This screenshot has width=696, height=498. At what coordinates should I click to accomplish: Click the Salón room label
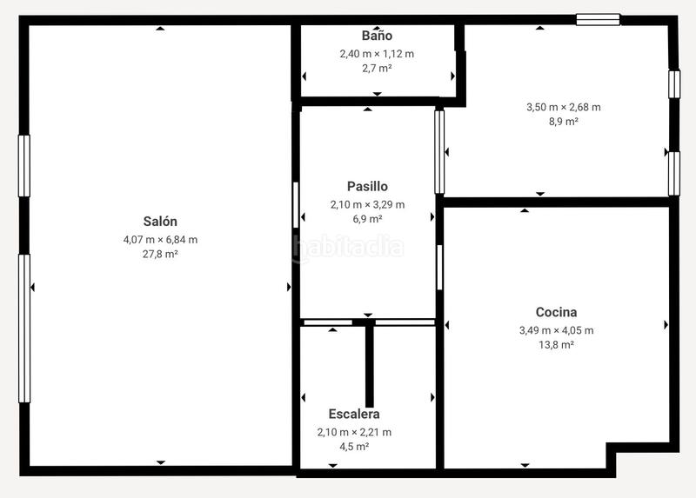tap(160, 222)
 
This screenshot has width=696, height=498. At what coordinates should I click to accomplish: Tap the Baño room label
tap(377, 36)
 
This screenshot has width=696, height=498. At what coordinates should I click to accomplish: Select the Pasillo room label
tap(367, 186)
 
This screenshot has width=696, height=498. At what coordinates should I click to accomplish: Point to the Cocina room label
tap(556, 312)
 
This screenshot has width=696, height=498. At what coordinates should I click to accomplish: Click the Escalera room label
tap(354, 415)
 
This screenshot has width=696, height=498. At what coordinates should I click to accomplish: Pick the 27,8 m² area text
tap(160, 255)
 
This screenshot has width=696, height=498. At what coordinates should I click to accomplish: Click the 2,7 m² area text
tap(377, 68)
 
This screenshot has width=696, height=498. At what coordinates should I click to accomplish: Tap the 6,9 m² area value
tap(367, 219)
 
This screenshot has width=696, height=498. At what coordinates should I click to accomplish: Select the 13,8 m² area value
tap(556, 345)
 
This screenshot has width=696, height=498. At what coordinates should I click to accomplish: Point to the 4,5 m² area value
tap(354, 447)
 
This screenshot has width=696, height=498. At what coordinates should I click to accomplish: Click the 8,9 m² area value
tap(563, 122)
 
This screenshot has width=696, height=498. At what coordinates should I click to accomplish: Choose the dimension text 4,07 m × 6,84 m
tap(160, 239)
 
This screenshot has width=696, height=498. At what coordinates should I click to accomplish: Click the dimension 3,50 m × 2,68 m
tap(563, 107)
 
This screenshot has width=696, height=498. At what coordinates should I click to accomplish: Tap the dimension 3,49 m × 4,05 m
tap(556, 329)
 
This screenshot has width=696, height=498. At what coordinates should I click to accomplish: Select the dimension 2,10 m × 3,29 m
tap(367, 204)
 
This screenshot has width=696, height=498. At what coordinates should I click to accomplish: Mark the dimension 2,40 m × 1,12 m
tap(377, 53)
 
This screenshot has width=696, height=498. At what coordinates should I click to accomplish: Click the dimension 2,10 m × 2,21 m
tap(354, 432)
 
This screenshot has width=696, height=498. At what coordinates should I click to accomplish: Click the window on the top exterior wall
tap(598, 19)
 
